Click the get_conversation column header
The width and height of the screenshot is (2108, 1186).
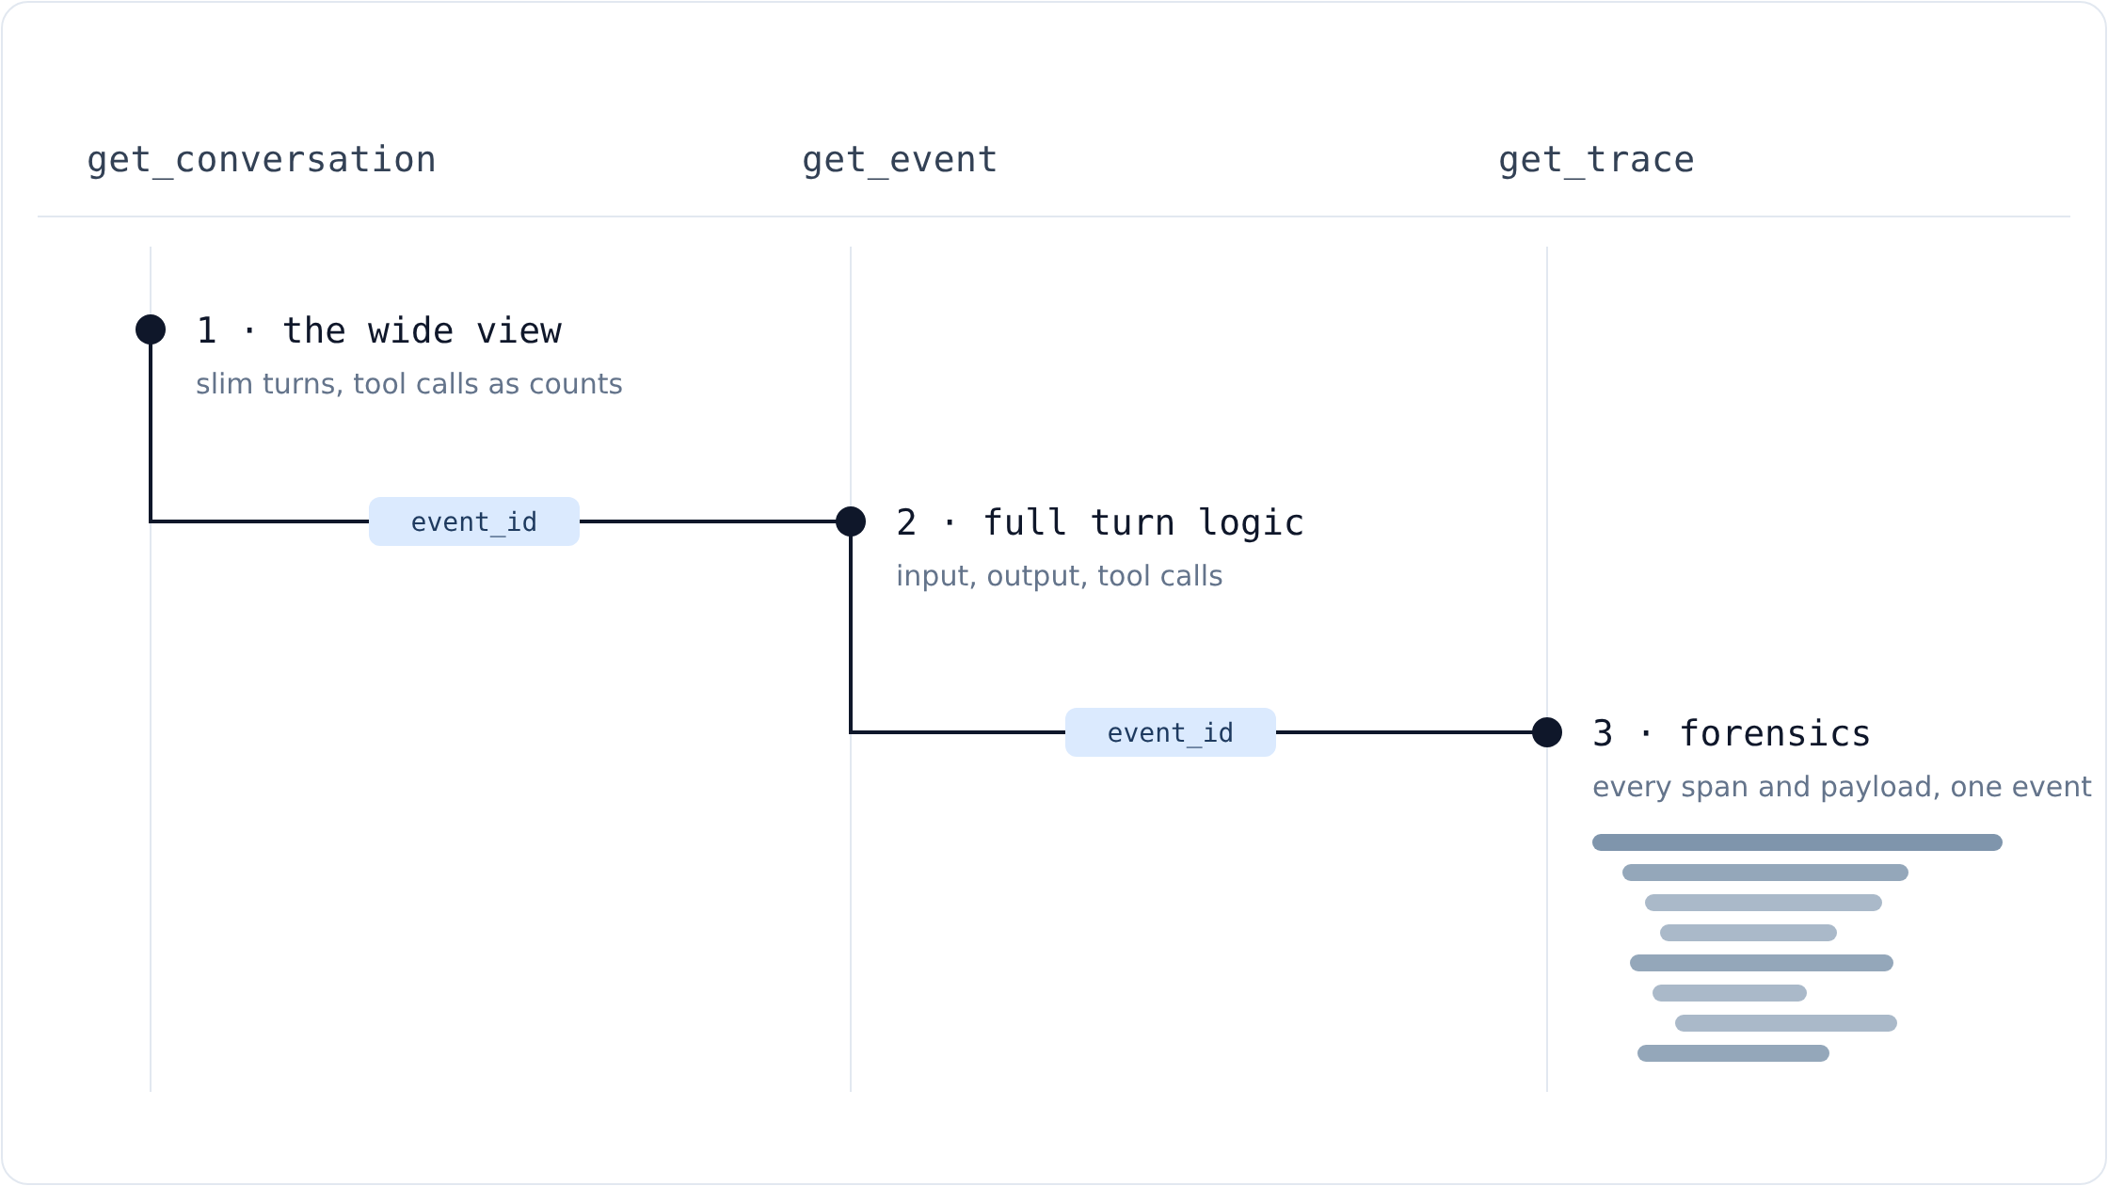[x=262, y=160]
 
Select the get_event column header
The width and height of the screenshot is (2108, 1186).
[x=900, y=160]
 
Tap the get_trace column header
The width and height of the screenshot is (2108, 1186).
[x=1596, y=160]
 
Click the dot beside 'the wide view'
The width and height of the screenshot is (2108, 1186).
[x=151, y=329]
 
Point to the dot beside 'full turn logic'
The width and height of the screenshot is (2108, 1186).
[x=851, y=521]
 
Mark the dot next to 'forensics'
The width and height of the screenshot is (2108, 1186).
[x=1547, y=732]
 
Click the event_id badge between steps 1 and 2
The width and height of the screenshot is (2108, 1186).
[x=474, y=521]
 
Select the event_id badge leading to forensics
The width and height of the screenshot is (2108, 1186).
[x=1171, y=732]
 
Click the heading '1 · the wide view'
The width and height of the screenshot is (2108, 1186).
[x=379, y=331]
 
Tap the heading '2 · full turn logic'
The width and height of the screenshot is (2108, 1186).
[x=1100, y=523]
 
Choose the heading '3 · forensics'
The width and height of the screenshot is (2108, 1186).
[x=1732, y=734]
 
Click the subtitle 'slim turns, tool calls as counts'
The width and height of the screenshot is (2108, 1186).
[x=409, y=384]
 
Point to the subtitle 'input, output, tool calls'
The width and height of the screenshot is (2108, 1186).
[x=1060, y=576]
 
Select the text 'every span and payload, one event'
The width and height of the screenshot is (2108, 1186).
[x=1842, y=787]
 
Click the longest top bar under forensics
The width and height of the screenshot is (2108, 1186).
[x=1797, y=842]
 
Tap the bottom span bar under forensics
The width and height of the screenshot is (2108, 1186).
[x=1733, y=1053]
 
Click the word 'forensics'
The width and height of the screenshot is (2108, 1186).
[x=1775, y=734]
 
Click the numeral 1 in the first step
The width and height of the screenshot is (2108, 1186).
[x=207, y=331]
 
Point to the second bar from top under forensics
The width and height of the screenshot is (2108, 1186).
[x=1765, y=873]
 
